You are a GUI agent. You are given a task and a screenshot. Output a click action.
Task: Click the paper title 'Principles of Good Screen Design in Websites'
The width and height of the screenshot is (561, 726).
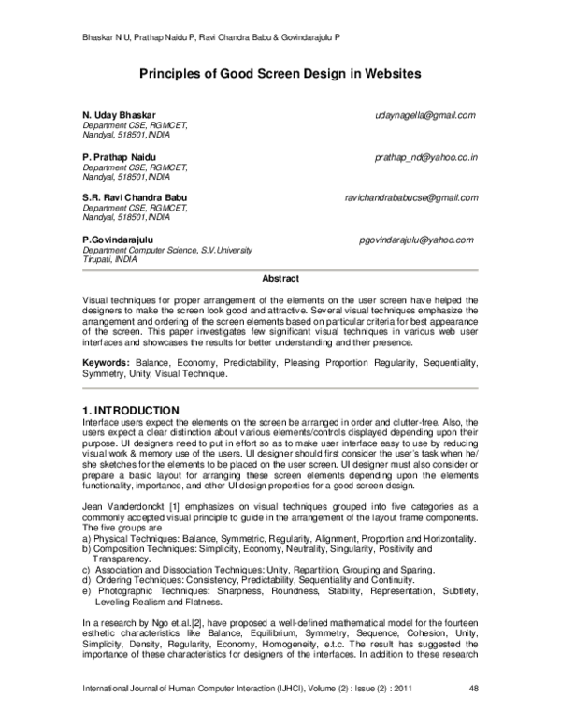(280, 72)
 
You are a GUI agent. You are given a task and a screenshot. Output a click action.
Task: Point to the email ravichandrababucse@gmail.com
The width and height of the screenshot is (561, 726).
(411, 198)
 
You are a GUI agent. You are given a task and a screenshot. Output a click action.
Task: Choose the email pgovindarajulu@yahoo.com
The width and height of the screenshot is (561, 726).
(416, 240)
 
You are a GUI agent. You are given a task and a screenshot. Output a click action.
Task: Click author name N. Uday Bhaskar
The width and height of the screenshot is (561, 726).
(122, 114)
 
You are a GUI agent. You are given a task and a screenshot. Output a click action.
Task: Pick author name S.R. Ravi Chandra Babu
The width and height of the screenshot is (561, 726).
(136, 198)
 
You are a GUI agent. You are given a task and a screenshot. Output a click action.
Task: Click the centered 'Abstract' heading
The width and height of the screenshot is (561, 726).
(280, 279)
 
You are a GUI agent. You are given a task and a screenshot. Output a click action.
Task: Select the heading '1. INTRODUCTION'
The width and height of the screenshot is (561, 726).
(131, 410)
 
